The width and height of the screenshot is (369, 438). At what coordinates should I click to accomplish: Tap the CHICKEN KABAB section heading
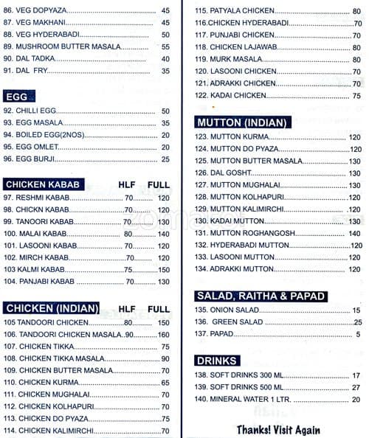coord(43,184)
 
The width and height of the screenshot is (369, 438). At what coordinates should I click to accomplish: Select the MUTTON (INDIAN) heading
coord(241,122)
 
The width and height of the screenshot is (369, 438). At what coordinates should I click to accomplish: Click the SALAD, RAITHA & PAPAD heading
coord(260,296)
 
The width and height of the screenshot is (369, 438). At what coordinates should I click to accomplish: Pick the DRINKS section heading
coord(217,361)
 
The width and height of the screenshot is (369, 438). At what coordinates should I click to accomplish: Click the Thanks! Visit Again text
coord(278,429)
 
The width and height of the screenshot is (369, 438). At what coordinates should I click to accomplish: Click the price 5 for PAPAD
coord(356,334)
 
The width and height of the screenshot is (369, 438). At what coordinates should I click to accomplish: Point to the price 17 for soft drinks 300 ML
coord(355,375)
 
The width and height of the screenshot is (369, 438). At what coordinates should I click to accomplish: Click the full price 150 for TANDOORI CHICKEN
coord(162,323)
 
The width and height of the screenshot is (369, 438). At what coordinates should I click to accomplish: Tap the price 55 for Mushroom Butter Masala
coord(165,47)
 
